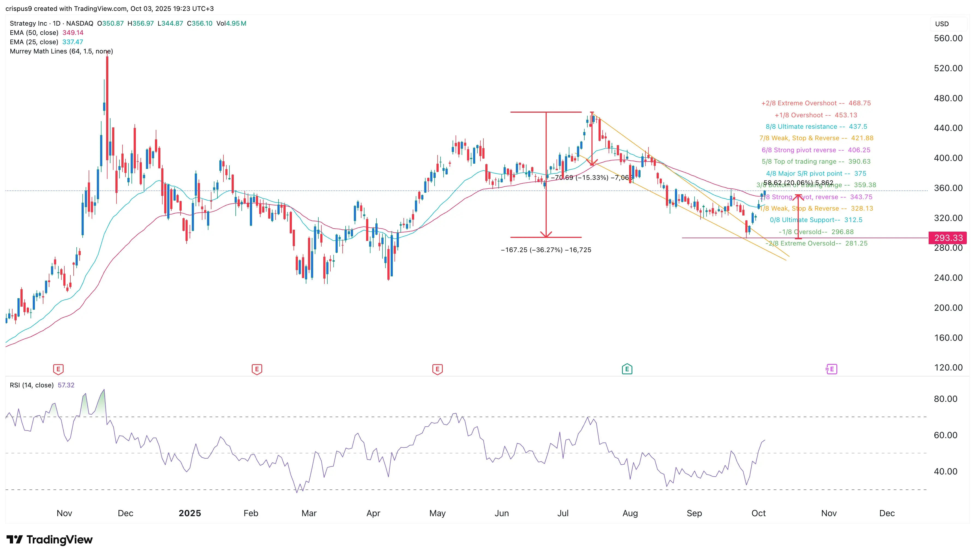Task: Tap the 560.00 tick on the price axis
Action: pyautogui.click(x=948, y=38)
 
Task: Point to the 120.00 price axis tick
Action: pyautogui.click(x=948, y=367)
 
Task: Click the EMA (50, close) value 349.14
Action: pyautogui.click(x=73, y=33)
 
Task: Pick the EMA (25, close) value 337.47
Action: pyautogui.click(x=73, y=42)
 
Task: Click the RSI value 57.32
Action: pyautogui.click(x=66, y=385)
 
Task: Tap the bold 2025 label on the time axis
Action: pyautogui.click(x=190, y=513)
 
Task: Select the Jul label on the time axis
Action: pyautogui.click(x=563, y=513)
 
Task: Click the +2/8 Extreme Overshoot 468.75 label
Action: pyautogui.click(x=816, y=103)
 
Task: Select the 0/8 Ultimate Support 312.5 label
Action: pyautogui.click(x=816, y=220)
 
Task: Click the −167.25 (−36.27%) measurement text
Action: pyautogui.click(x=546, y=250)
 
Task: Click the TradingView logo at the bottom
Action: pyautogui.click(x=50, y=540)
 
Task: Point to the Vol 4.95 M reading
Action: pyautogui.click(x=231, y=23)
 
